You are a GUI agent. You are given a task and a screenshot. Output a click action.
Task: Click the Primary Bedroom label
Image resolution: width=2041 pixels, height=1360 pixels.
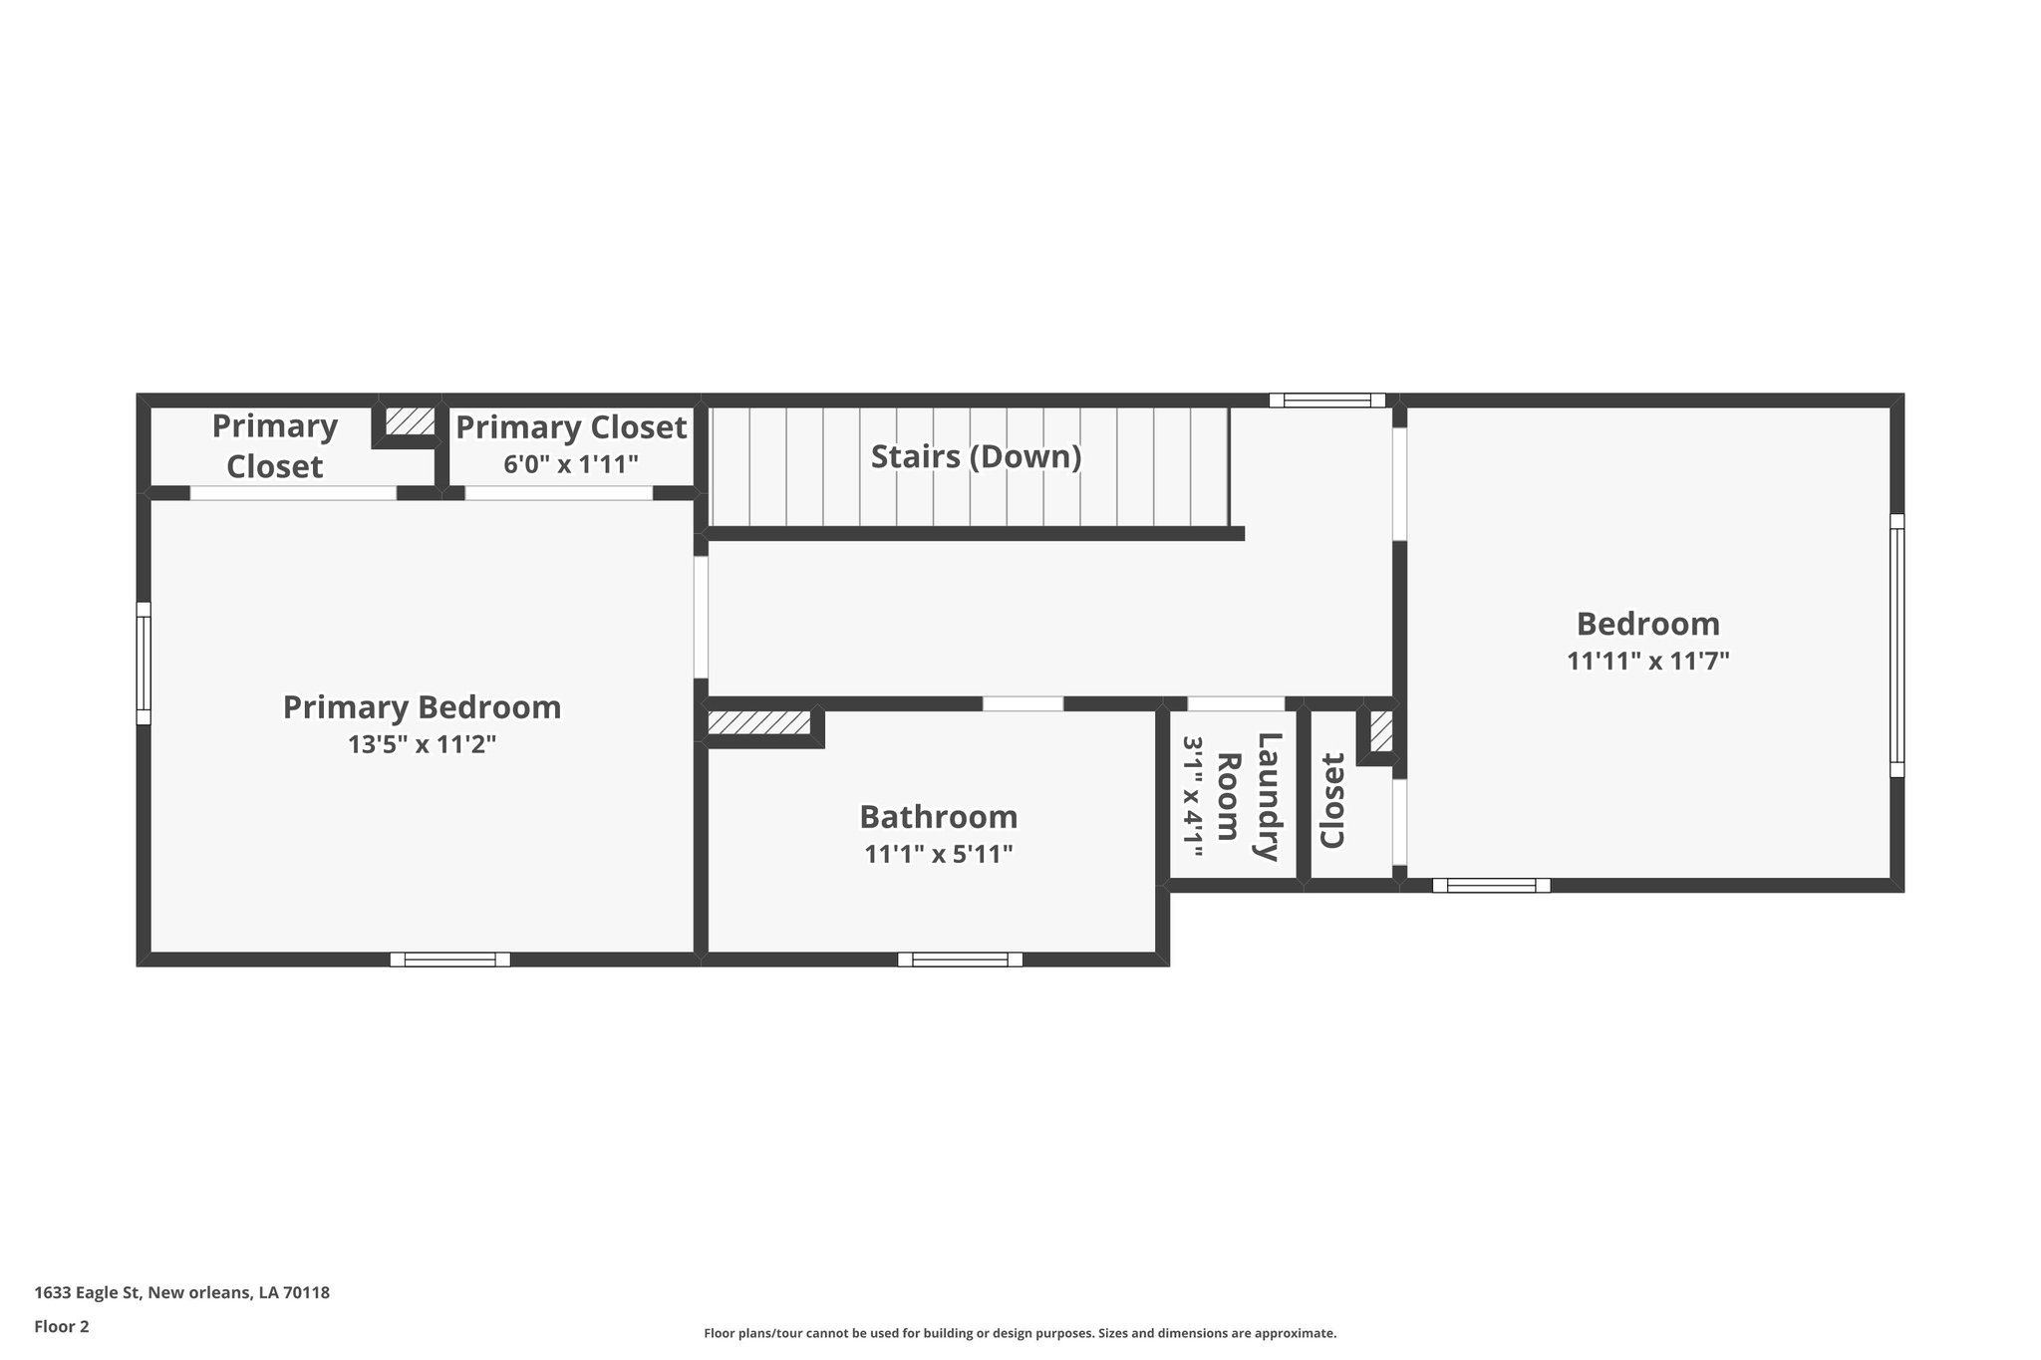(x=422, y=707)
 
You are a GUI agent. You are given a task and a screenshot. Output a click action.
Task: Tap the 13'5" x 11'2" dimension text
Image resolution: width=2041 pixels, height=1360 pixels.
(x=422, y=744)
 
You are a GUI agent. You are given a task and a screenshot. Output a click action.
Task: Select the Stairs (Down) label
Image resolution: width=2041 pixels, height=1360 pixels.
(x=976, y=456)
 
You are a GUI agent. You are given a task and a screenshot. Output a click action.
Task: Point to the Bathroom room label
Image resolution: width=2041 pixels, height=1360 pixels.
(x=938, y=817)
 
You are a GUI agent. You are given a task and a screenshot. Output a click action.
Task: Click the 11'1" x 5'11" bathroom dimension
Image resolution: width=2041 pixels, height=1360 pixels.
(x=938, y=854)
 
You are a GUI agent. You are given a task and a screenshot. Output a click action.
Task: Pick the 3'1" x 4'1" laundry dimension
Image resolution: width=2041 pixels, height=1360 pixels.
(x=1193, y=796)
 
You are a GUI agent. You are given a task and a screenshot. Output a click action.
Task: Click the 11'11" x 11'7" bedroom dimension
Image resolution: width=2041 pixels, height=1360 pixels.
(x=1647, y=661)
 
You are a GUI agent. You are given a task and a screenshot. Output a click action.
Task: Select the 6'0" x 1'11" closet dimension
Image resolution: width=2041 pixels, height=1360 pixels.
(x=570, y=464)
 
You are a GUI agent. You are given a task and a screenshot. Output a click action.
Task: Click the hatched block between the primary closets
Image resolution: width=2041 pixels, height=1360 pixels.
(x=410, y=421)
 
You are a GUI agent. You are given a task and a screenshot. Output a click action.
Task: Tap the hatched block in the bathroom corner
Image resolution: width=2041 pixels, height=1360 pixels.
(x=758, y=723)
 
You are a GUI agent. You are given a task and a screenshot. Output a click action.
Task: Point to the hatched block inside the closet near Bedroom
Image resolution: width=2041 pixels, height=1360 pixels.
(x=1380, y=732)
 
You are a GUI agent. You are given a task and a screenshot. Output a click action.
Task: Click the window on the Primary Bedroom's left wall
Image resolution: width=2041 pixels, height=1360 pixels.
(x=144, y=663)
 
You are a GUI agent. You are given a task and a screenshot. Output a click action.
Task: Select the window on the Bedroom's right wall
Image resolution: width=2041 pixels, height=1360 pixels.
(x=1896, y=645)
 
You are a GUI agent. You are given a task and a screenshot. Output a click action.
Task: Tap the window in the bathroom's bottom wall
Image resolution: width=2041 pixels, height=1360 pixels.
(x=960, y=959)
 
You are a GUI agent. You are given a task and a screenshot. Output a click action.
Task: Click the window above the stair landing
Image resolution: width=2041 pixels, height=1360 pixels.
(x=1326, y=401)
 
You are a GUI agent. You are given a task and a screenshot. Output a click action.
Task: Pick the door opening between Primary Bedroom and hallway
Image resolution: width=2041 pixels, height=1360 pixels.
(x=701, y=617)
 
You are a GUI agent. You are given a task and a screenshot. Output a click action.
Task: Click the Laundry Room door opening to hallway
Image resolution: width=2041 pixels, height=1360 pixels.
(x=1235, y=703)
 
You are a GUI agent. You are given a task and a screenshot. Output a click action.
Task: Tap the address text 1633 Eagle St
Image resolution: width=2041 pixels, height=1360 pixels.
(x=181, y=1292)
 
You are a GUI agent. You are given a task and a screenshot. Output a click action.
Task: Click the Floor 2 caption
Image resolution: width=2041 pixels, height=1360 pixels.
(x=62, y=1326)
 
